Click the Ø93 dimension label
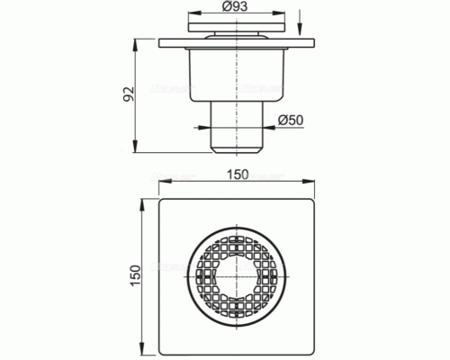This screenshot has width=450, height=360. pyautogui.click(x=236, y=6)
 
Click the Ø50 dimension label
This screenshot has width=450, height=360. pyautogui.click(x=291, y=120)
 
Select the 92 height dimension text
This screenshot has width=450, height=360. pyautogui.click(x=130, y=94)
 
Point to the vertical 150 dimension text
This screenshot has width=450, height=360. pyautogui.click(x=135, y=275)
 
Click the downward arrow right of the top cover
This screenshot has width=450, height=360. pyautogui.click(x=299, y=22)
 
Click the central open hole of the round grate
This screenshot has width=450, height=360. pyautogui.click(x=237, y=276)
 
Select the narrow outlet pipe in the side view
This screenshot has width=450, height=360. pyautogui.click(x=237, y=127)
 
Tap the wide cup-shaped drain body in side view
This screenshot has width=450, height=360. pyautogui.click(x=237, y=75)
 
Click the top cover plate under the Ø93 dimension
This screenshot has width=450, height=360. pyautogui.click(x=237, y=27)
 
